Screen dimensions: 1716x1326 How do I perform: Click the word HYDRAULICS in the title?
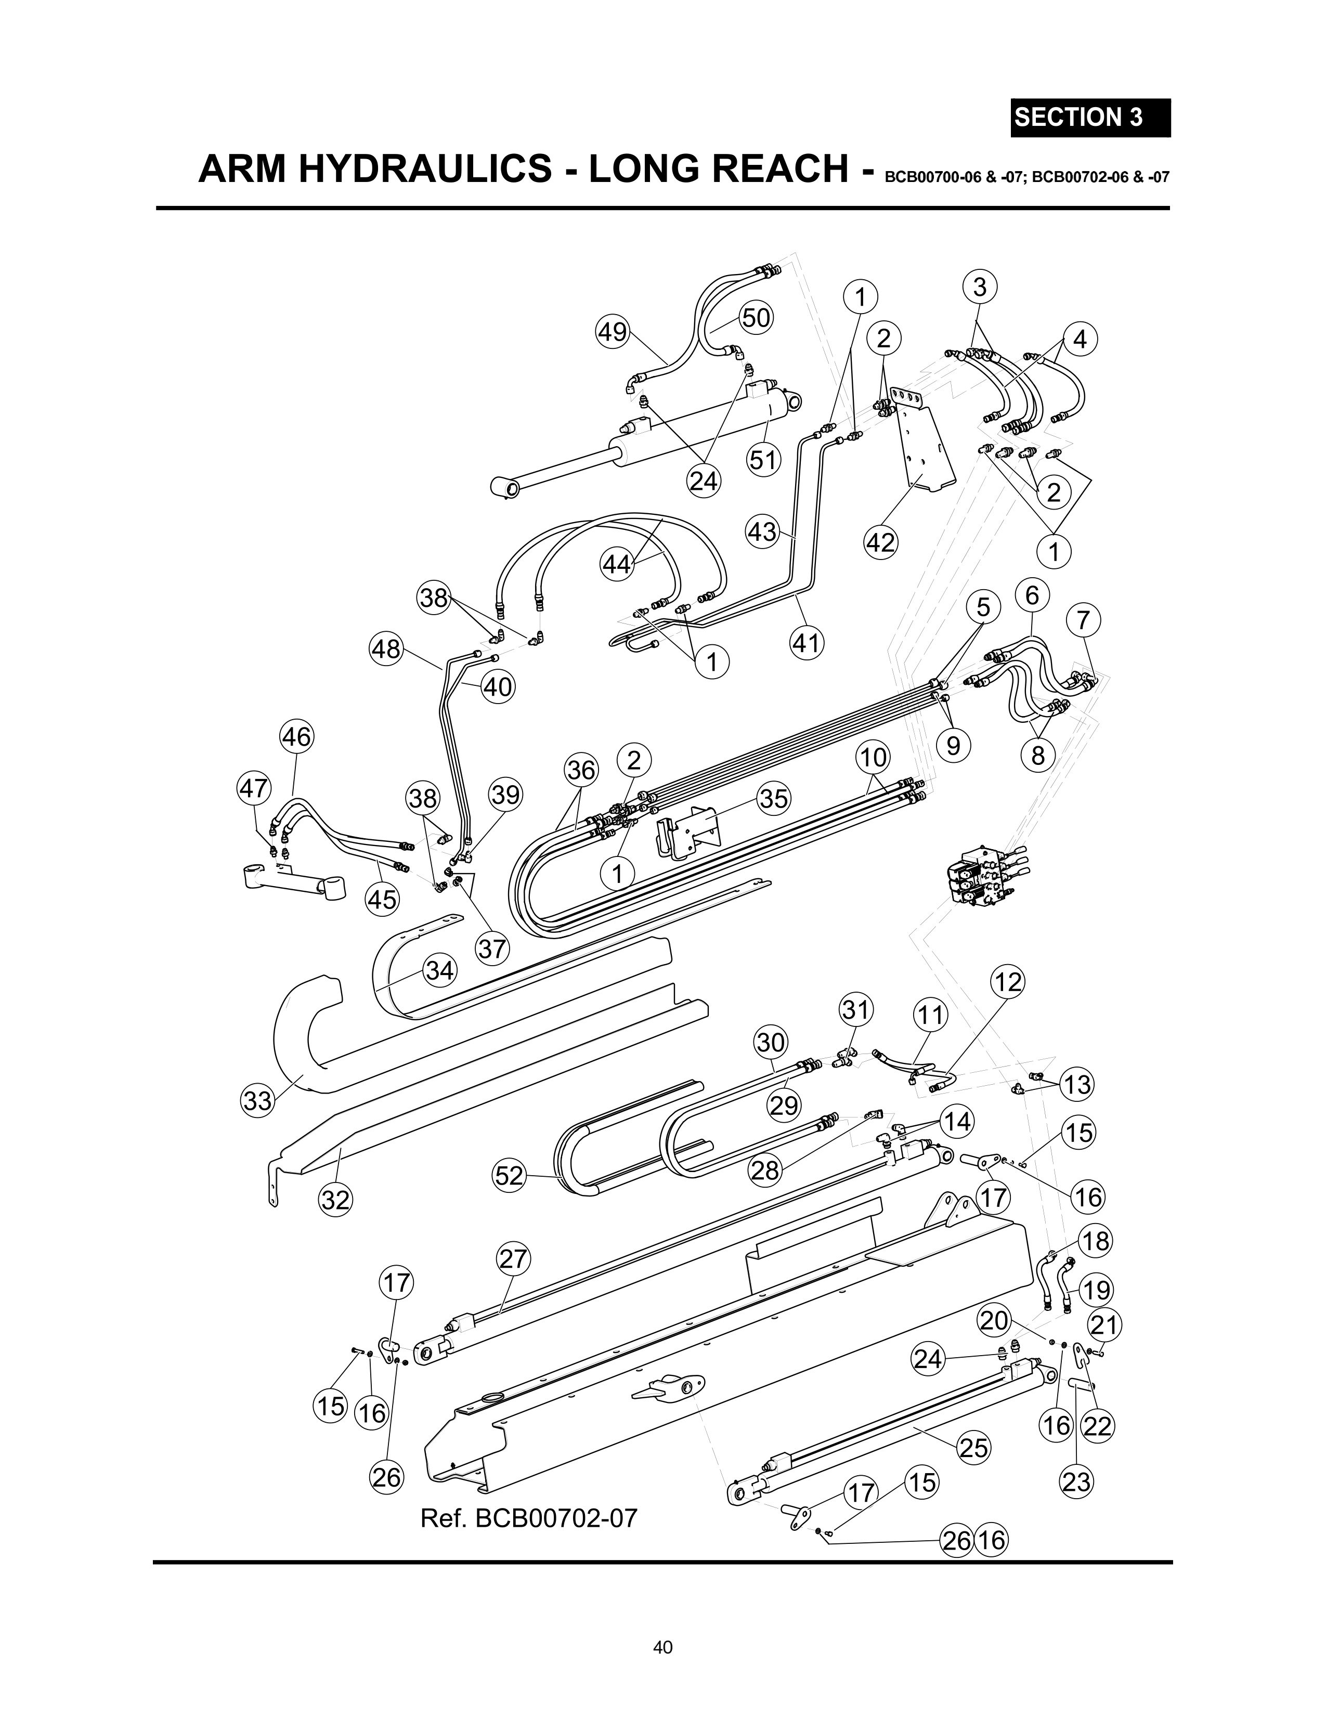tap(423, 169)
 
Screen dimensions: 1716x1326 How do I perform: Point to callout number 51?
tap(762, 460)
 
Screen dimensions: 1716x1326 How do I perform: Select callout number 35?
tap(774, 798)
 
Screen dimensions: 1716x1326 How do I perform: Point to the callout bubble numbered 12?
tap(1008, 982)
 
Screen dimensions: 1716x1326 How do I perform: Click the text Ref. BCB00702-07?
tap(528, 1518)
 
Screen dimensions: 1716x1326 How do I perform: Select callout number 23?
tap(1076, 1482)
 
